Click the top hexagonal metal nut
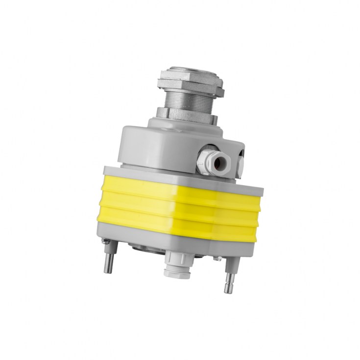point(190,82)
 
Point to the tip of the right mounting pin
point(228,290)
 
